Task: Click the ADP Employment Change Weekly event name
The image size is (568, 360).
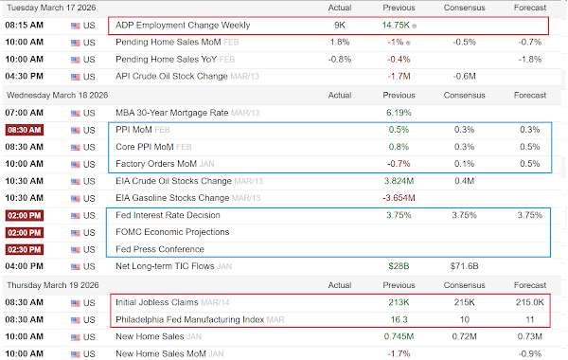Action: point(183,26)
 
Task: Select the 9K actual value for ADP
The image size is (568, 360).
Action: point(340,26)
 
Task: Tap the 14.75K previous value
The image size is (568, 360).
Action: point(396,26)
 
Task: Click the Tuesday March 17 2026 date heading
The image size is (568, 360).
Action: point(51,8)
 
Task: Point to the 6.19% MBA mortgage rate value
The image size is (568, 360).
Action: point(399,113)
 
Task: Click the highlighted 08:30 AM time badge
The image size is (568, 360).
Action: point(25,130)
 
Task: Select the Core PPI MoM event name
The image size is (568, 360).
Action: point(145,147)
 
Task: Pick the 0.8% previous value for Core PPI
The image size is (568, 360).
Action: point(399,147)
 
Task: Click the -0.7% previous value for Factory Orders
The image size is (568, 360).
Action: point(399,164)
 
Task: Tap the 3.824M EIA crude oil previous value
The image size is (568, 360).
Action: point(399,181)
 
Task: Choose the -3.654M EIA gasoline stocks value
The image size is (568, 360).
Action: point(399,198)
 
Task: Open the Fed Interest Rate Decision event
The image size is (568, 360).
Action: point(168,215)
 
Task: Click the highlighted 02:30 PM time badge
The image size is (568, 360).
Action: point(25,249)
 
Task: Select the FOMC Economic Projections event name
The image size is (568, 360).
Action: point(172,232)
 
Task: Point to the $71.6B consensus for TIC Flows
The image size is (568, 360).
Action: point(464,266)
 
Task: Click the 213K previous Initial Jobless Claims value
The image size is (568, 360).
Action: point(399,302)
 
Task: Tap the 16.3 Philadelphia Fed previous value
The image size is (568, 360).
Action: point(399,320)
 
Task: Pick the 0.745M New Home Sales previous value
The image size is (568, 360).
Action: point(399,337)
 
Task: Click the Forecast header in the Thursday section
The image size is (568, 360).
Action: point(529,285)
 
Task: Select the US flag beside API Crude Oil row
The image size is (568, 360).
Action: point(76,77)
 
